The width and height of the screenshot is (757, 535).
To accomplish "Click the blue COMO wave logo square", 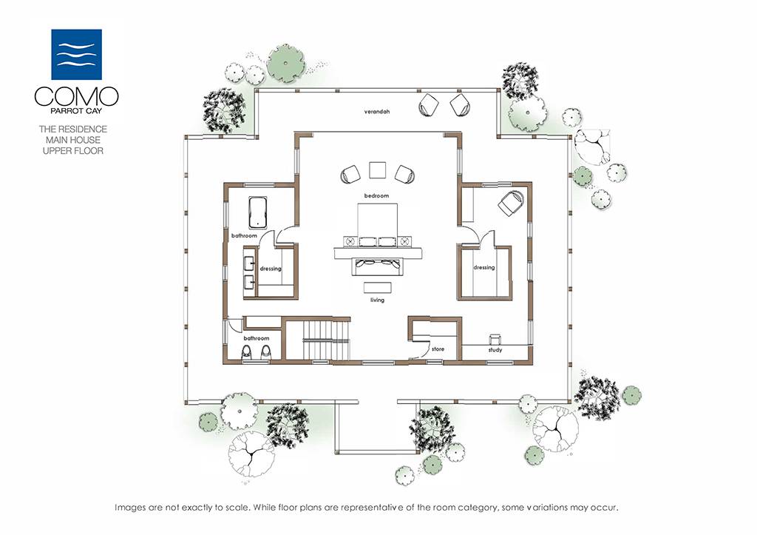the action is [x=76, y=54].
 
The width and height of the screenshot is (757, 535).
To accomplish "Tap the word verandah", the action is [x=376, y=112].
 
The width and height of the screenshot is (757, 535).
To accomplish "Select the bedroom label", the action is [x=376, y=196].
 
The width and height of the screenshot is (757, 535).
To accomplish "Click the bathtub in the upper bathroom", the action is [x=258, y=212].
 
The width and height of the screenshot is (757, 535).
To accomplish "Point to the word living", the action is [x=377, y=300].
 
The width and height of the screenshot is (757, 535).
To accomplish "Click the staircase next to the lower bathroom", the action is [x=325, y=340].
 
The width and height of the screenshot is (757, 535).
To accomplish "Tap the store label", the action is [x=438, y=349].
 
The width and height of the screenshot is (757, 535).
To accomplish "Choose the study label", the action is [x=495, y=349].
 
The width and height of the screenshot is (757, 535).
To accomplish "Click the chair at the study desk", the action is [x=495, y=339].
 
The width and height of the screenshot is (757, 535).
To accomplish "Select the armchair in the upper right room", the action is [x=511, y=202].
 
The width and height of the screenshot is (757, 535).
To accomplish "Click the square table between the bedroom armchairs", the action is [x=378, y=170].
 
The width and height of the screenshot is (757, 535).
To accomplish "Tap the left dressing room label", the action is [x=271, y=269].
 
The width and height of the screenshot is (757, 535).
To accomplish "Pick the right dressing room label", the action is [x=483, y=268].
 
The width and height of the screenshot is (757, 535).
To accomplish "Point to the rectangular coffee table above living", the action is [x=377, y=287].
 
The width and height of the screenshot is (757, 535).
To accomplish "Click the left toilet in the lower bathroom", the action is [x=247, y=352].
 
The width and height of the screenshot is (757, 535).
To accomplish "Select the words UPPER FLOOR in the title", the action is [x=73, y=151].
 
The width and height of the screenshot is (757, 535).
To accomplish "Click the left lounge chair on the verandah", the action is [x=428, y=104].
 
